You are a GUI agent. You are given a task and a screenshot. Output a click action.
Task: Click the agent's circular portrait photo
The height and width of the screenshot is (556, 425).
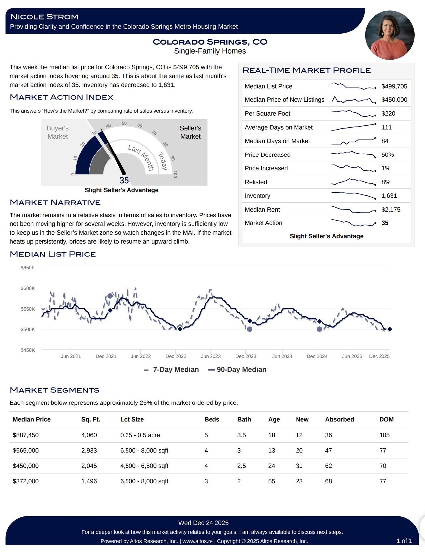coord(389,35)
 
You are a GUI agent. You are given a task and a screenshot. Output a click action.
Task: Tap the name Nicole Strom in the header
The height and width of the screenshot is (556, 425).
coord(44,17)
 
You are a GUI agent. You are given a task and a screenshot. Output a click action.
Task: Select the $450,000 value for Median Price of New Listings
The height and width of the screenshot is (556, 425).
coord(394,100)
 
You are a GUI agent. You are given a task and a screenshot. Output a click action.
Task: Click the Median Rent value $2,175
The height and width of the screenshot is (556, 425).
coord(391,210)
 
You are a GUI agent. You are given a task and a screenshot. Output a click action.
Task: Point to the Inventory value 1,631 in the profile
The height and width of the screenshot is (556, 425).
coord(389,196)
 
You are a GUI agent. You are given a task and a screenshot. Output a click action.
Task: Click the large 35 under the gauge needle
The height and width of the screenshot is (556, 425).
coord(124,180)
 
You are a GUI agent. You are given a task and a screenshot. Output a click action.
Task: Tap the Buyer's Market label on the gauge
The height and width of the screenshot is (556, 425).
coord(58,132)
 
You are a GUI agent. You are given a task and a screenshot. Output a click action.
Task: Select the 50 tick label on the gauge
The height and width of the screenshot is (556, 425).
coord(124,123)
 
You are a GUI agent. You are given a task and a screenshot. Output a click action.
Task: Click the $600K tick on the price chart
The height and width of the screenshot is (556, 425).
coord(28,288)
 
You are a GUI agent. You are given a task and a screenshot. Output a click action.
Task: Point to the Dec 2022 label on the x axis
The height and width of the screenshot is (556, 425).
coord(176,356)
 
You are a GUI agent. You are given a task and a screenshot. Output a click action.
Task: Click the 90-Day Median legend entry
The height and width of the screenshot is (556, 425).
coord(237,370)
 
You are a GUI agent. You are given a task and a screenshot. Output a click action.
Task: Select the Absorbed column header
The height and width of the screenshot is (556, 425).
coord(339,419)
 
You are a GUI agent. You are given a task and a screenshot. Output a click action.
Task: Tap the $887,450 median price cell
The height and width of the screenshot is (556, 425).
coord(26,435)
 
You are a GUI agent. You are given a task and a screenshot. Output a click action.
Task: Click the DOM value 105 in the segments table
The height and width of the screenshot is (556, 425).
coord(384,435)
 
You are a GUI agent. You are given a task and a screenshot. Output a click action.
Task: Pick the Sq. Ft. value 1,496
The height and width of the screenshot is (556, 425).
coord(89,481)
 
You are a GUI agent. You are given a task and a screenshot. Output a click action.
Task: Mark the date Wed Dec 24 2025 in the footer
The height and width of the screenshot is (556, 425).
coord(203,523)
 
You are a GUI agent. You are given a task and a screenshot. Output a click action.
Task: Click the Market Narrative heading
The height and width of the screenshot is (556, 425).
coord(55,202)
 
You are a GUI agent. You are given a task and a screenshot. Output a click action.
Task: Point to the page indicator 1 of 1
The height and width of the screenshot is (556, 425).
coord(404,541)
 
